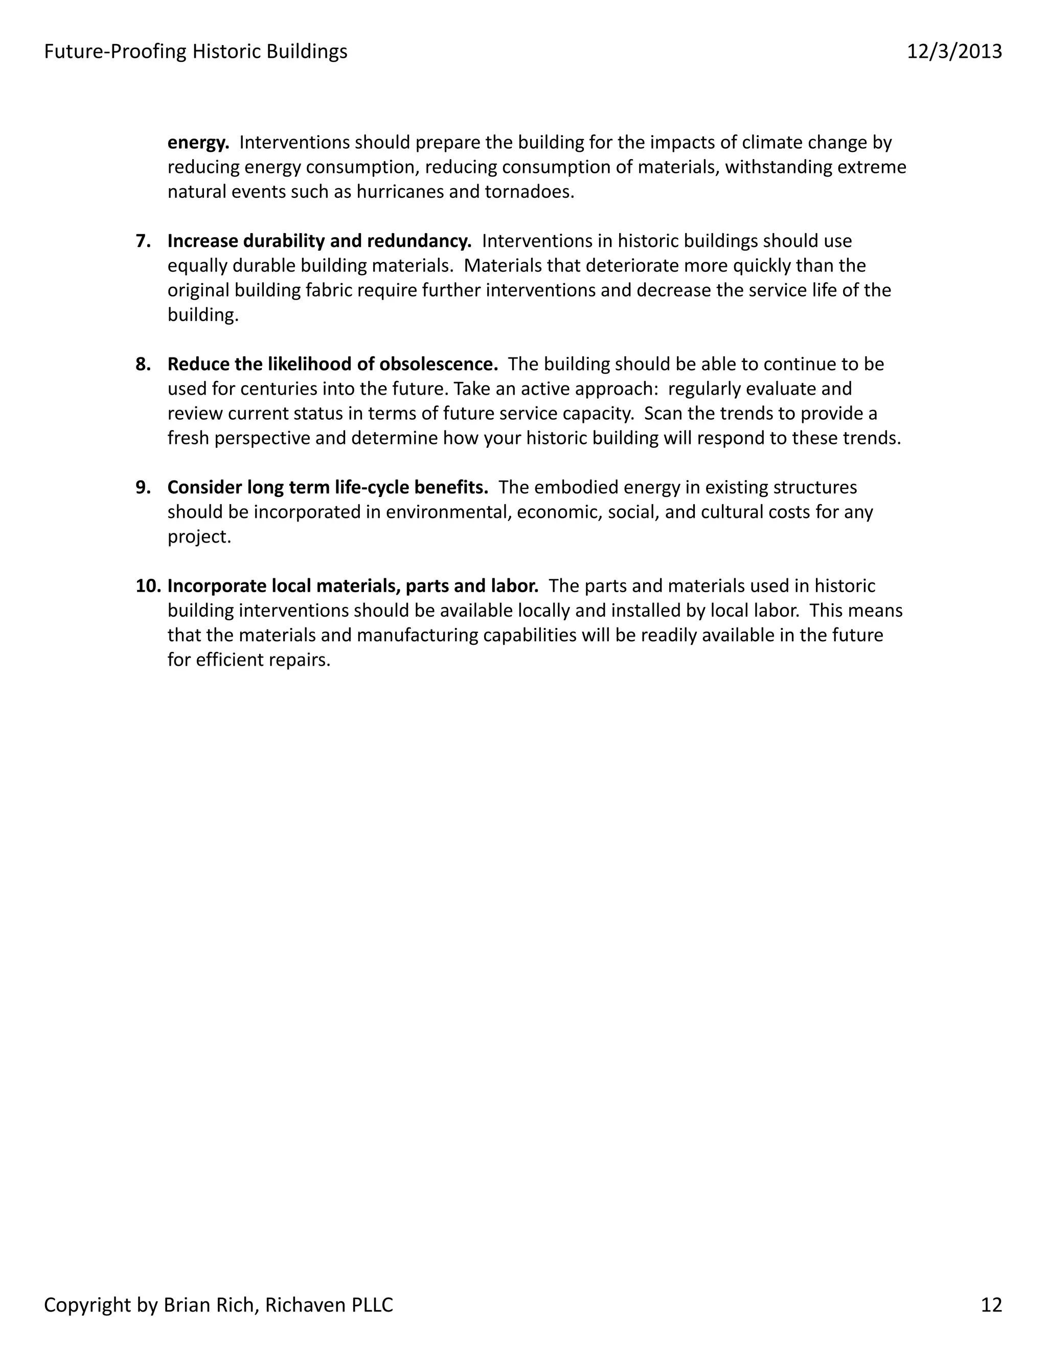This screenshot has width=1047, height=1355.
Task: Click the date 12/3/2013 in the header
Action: tap(954, 52)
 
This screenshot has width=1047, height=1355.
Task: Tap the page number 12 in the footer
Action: tap(991, 1305)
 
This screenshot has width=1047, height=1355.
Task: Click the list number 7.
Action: tap(143, 241)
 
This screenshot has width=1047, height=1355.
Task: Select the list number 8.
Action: tap(143, 364)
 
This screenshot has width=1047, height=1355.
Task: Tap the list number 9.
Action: tap(143, 487)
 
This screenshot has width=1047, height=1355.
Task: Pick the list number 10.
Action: tap(148, 585)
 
